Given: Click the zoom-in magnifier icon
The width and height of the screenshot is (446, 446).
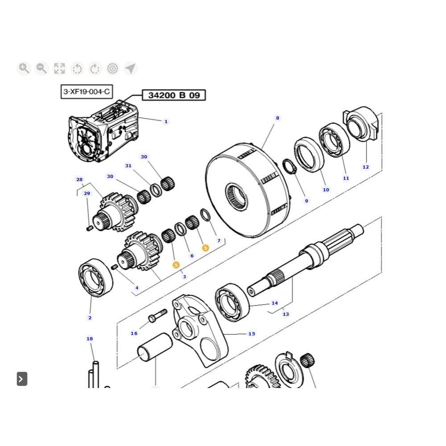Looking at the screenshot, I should [x=24, y=68].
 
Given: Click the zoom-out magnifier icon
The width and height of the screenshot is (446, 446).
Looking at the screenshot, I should [x=41, y=68].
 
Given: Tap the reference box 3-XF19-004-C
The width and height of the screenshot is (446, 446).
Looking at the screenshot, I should [x=87, y=92].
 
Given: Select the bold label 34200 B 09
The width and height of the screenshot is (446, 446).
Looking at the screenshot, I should [x=174, y=95].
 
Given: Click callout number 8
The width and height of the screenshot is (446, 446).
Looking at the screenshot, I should [x=277, y=118].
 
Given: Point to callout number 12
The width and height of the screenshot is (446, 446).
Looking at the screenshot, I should [x=366, y=167].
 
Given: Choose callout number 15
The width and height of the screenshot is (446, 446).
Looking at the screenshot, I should [x=252, y=334].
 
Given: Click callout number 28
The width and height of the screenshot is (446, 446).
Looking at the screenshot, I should [x=79, y=180].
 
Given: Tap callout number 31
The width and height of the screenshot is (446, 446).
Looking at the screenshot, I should [x=128, y=166].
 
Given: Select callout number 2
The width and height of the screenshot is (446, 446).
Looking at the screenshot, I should [x=90, y=318].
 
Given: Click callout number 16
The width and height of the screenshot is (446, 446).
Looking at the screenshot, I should [x=134, y=333].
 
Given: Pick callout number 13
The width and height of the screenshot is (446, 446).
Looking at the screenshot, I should [x=286, y=314].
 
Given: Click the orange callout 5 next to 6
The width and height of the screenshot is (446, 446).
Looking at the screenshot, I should [x=205, y=248].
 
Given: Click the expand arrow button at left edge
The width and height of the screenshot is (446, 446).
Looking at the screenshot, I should [x=22, y=379].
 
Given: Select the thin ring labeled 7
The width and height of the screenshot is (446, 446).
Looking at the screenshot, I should [x=205, y=215].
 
